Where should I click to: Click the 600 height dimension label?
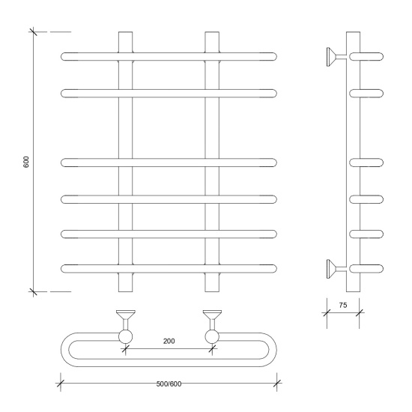click(26, 162)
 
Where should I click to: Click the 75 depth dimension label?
click(343, 305)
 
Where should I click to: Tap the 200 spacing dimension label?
click(169, 341)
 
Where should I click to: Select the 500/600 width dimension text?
click(169, 384)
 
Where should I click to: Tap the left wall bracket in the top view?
click(126, 320)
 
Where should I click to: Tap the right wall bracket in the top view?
click(212, 320)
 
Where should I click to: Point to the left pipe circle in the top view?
click(126, 337)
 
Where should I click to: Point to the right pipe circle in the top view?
click(212, 337)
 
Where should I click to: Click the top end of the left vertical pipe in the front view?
click(126, 32)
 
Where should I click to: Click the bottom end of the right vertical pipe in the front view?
click(212, 291)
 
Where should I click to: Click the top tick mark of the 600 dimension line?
click(33, 31)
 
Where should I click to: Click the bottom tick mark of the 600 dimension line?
click(33, 291)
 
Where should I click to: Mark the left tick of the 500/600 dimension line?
click(61, 384)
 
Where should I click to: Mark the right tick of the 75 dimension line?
click(359, 312)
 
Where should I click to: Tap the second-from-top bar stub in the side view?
click(366, 94)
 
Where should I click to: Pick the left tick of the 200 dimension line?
click(126, 349)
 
